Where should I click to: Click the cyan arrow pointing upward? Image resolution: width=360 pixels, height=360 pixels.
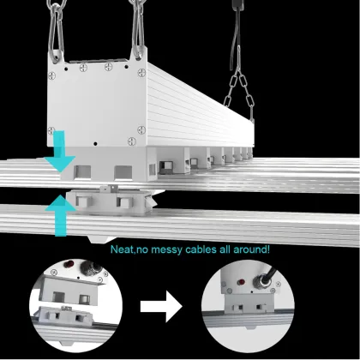click(x=60, y=214)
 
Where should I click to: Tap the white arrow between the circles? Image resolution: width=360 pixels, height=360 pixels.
click(x=161, y=307)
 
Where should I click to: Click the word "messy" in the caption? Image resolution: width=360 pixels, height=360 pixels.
click(x=167, y=249)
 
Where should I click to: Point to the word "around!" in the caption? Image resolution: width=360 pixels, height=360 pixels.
click(x=251, y=249)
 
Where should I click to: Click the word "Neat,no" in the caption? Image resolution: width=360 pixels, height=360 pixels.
click(x=129, y=249)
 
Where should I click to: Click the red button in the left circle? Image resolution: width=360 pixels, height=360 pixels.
click(x=69, y=264)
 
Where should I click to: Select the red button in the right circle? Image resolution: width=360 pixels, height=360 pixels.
click(x=241, y=282)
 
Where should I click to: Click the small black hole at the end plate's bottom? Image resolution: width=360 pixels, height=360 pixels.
click(x=95, y=143)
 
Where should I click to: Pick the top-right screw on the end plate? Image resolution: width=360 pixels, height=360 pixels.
click(x=141, y=73)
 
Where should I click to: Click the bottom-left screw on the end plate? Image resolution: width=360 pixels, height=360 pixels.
click(x=51, y=130)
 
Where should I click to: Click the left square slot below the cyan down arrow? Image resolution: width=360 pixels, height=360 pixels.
click(x=82, y=172)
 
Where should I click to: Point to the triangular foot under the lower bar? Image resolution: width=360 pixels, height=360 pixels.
click(x=101, y=239)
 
